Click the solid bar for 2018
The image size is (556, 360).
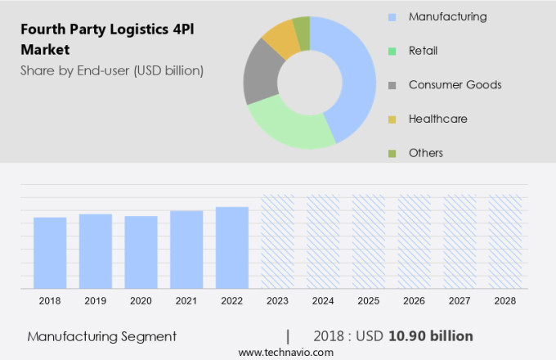pos(50,253)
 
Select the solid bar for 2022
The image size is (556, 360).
pos(232,247)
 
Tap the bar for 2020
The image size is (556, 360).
pos(141,252)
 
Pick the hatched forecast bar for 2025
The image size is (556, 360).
pos(368,241)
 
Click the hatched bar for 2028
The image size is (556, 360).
pos(504,241)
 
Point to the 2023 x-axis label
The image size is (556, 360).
pos(277,301)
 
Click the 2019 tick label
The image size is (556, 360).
pos(96,301)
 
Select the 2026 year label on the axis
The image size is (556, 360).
pos(414,301)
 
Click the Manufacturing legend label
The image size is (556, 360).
pos(447,16)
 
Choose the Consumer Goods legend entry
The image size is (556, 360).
pos(455,85)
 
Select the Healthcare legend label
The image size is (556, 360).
pos(437,119)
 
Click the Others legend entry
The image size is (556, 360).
pos(425,153)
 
